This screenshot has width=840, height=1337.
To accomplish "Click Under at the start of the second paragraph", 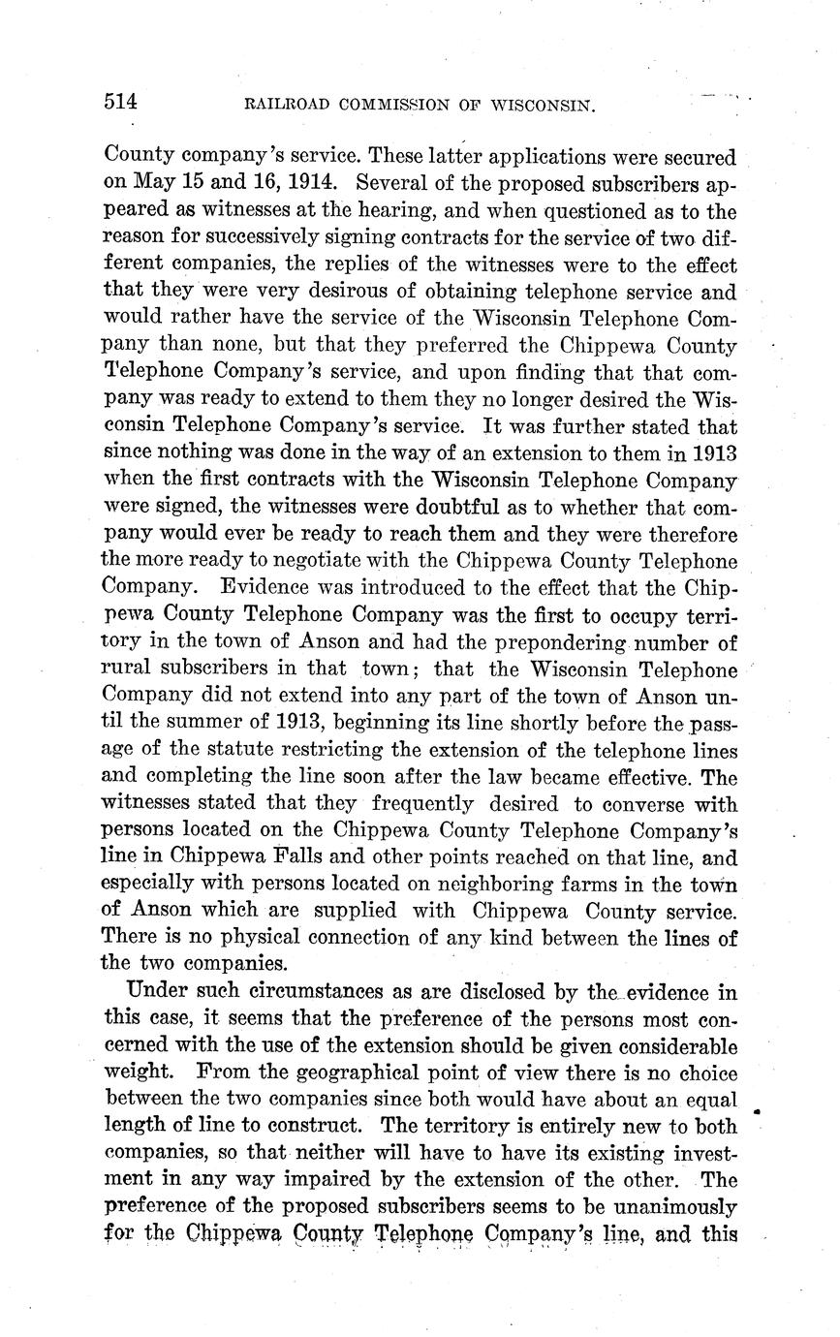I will click(151, 992).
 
